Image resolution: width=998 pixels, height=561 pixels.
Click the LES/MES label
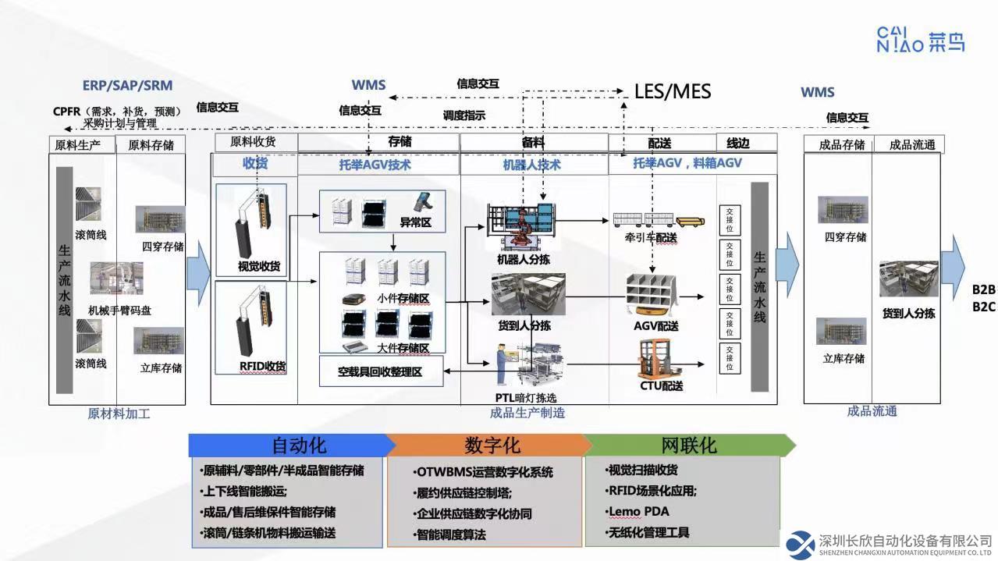tap(673, 91)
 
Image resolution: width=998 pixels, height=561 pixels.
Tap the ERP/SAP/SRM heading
tap(127, 85)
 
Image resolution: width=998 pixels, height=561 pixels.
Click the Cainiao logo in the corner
tap(921, 39)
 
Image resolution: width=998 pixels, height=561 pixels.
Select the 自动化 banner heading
tap(299, 446)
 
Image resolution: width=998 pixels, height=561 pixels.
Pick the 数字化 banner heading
tap(492, 446)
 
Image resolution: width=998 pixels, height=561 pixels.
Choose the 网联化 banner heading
tap(688, 446)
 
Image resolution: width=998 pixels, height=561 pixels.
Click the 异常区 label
tap(415, 222)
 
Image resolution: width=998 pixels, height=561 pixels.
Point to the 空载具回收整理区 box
tap(380, 371)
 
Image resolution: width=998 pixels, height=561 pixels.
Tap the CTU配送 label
tap(662, 385)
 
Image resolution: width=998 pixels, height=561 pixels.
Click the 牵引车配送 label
tap(650, 237)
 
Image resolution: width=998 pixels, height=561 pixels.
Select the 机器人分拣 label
tap(523, 259)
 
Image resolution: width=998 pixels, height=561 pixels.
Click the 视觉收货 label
tap(259, 266)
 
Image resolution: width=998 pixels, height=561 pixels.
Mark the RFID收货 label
tap(262, 366)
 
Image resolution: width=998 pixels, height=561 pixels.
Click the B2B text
tap(983, 289)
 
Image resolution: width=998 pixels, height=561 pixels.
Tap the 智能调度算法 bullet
tap(452, 534)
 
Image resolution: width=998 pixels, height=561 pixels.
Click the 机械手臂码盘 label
tap(119, 310)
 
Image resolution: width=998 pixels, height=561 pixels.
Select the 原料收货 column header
tap(252, 142)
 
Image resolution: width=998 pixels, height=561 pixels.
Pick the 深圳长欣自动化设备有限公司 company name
tap(904, 540)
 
